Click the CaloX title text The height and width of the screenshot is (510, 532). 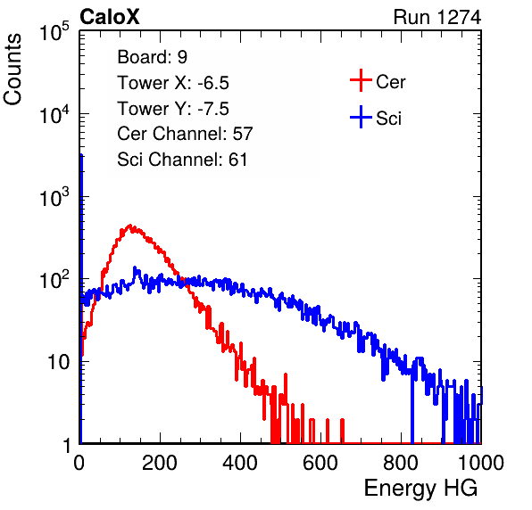pyautogui.click(x=110, y=17)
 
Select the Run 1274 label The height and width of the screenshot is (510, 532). pyautogui.click(x=437, y=17)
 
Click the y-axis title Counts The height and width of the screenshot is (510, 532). pyautogui.click(x=12, y=70)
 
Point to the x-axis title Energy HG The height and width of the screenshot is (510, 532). pyautogui.click(x=420, y=489)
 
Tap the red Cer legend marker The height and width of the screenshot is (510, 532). pyautogui.click(x=361, y=80)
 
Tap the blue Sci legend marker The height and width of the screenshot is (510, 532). pyautogui.click(x=361, y=117)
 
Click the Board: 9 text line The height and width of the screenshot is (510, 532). pyautogui.click(x=153, y=57)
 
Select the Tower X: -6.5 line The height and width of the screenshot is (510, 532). pyautogui.click(x=173, y=83)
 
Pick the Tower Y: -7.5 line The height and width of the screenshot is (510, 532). pyautogui.click(x=173, y=109)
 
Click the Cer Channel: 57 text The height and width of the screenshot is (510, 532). pyautogui.click(x=185, y=134)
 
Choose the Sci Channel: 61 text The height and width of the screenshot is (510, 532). pyautogui.click(x=182, y=160)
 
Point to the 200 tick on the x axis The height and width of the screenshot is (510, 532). pyautogui.click(x=160, y=463)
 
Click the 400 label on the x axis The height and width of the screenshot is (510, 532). pyautogui.click(x=240, y=463)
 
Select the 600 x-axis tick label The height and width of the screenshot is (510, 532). pyautogui.click(x=320, y=463)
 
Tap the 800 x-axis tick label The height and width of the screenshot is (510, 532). pyautogui.click(x=401, y=463)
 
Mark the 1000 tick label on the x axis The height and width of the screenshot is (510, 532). pyautogui.click(x=481, y=463)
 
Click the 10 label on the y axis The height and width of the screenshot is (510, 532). pyautogui.click(x=59, y=362)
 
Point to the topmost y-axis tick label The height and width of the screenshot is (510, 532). pyautogui.click(x=54, y=31)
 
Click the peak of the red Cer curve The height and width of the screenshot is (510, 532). pyautogui.click(x=130, y=225)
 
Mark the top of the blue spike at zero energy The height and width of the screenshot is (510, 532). pyautogui.click(x=81, y=155)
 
